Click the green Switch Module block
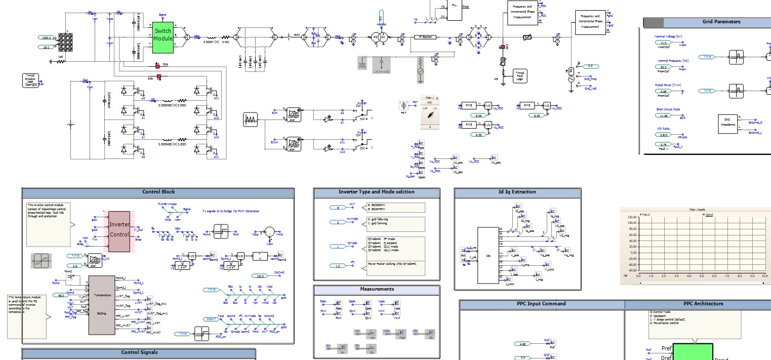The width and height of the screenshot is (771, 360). point(163,37)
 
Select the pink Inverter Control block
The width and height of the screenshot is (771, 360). point(119,231)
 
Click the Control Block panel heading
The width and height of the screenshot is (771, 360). point(158,192)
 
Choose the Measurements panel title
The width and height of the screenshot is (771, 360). point(377,289)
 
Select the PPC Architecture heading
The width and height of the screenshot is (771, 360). point(703,304)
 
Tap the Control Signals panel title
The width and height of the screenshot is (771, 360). point(139,352)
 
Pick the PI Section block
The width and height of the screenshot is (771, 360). point(425,37)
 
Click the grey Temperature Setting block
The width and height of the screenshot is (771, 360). point(102,305)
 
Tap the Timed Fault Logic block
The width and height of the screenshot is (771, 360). point(519,75)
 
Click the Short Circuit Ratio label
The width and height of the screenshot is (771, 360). point(668,109)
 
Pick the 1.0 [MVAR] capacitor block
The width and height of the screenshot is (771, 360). point(382,66)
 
